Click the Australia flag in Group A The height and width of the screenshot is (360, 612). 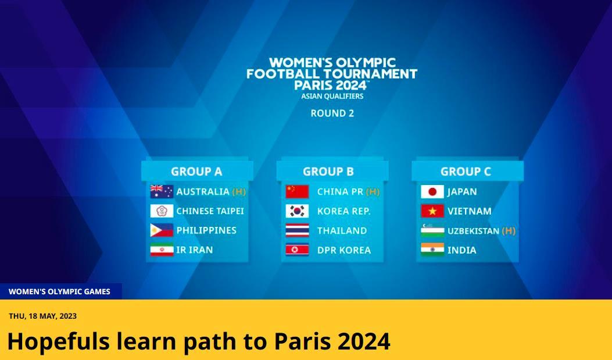coord(162,191)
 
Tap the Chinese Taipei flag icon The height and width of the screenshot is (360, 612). coord(162,211)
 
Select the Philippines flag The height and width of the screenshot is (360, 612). coord(162,230)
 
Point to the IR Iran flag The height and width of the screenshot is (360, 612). coord(162,250)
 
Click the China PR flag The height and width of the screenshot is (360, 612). coord(297,191)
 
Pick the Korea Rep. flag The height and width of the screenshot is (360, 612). coord(297,211)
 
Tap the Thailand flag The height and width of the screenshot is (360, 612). coord(297,230)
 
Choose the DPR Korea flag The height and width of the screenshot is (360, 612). coord(297,250)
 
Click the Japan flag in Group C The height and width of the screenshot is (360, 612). coord(432,191)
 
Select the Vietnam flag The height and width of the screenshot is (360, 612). coord(432,211)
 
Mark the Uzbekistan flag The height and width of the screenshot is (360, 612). coord(432,230)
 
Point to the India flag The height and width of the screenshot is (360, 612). coord(432,250)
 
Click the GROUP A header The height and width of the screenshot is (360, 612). coord(196,172)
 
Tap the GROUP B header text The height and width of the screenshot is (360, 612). coord(328,172)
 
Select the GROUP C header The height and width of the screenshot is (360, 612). coord(466,172)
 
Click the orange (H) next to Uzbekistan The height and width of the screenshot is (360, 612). coord(509,231)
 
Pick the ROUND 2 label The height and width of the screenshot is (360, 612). coord(332,113)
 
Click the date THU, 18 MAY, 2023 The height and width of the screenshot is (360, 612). coord(43,316)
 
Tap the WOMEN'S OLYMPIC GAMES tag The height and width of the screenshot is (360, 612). coord(59,292)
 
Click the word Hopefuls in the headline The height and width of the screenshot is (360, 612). coord(58,341)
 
